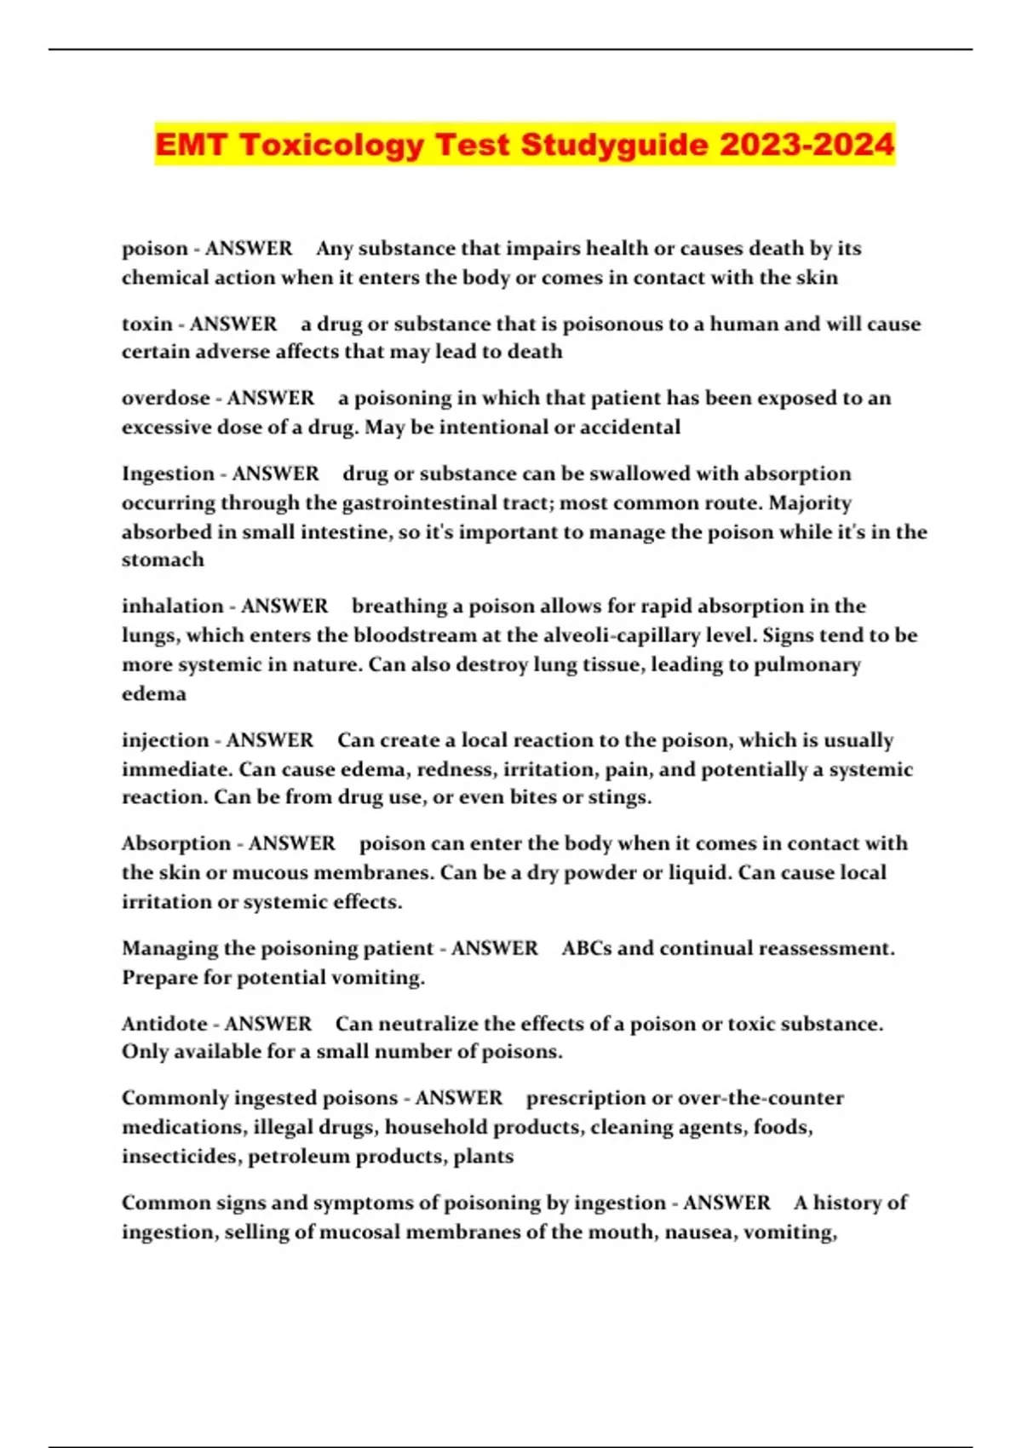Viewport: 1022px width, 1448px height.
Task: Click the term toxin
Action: click(x=147, y=324)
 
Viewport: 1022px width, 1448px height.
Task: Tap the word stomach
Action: click(x=163, y=560)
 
